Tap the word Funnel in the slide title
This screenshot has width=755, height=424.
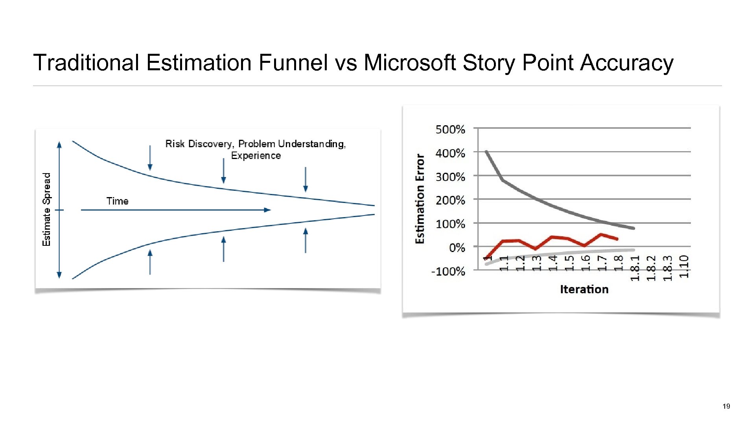[x=293, y=63]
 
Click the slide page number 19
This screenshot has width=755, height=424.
[x=726, y=406]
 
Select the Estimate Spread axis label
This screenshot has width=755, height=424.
[x=47, y=210]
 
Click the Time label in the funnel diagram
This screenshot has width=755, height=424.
[x=117, y=201]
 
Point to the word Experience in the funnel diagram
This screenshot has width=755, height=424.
[x=256, y=156]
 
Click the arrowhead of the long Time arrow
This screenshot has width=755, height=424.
[x=268, y=210]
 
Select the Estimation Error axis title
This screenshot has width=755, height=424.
[x=420, y=199]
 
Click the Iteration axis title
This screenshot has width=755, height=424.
[x=584, y=289]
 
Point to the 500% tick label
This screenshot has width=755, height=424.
[x=450, y=130]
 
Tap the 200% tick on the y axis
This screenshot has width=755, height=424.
[x=450, y=201]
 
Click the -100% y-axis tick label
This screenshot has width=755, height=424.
[x=448, y=272]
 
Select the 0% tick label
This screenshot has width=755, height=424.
[x=457, y=248]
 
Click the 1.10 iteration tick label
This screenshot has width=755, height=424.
[x=684, y=267]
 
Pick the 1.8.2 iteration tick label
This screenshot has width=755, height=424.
[x=651, y=268]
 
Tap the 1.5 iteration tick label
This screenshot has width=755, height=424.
[x=569, y=263]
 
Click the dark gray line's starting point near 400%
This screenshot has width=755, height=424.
[x=486, y=152]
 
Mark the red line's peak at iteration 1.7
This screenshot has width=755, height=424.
[x=601, y=234]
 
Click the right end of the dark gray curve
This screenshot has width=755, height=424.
[x=633, y=228]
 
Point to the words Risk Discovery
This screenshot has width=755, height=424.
[x=199, y=144]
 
